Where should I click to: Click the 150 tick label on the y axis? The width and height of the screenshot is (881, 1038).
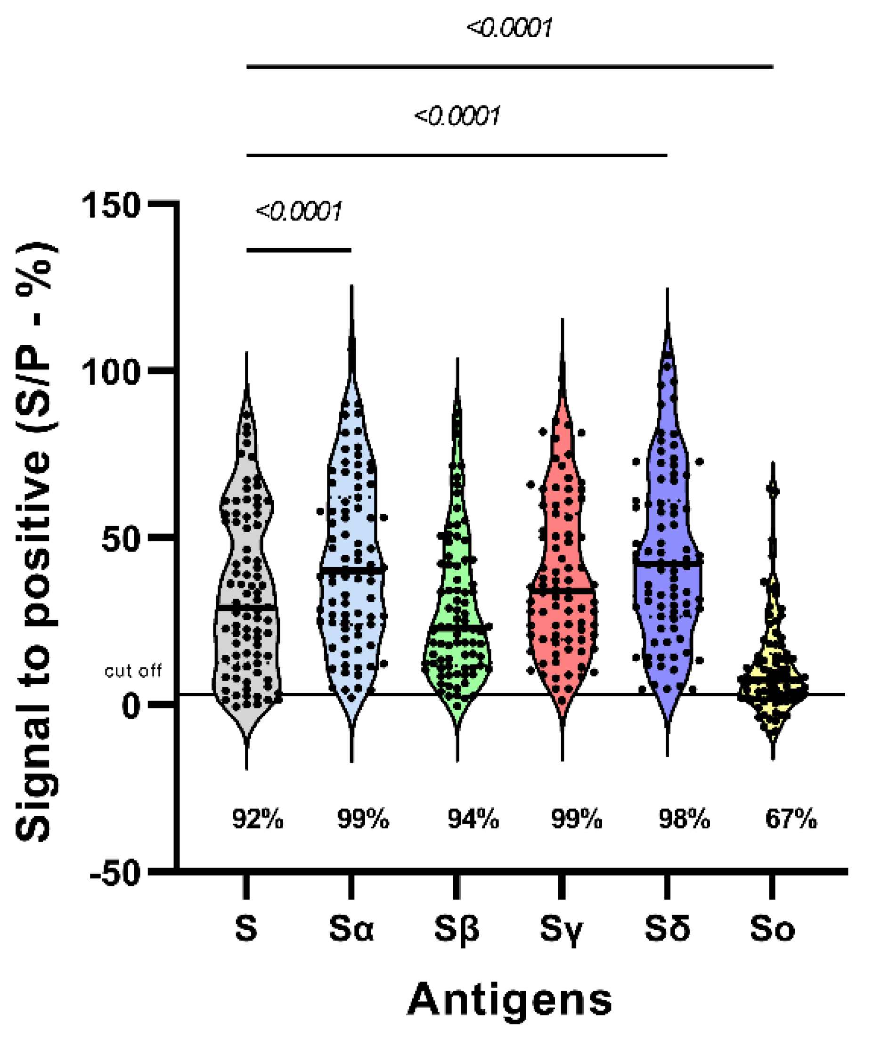(x=111, y=205)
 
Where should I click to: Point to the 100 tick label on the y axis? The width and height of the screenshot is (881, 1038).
(x=111, y=373)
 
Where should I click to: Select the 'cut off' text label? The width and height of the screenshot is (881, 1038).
(x=133, y=671)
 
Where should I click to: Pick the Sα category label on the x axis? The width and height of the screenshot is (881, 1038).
(x=351, y=928)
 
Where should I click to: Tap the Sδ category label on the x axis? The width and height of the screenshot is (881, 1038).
(x=667, y=928)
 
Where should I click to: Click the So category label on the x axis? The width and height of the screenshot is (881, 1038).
(x=772, y=928)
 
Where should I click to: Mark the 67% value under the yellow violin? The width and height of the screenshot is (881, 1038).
(x=791, y=819)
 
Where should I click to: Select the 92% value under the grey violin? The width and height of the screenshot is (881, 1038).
(x=258, y=819)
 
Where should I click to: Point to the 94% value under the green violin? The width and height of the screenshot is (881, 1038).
(x=473, y=819)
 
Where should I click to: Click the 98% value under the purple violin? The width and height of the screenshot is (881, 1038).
(x=684, y=819)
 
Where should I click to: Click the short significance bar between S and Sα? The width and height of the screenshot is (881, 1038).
(x=299, y=250)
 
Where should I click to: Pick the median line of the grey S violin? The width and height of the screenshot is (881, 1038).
(x=247, y=607)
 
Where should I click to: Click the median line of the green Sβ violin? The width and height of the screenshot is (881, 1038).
(x=457, y=625)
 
